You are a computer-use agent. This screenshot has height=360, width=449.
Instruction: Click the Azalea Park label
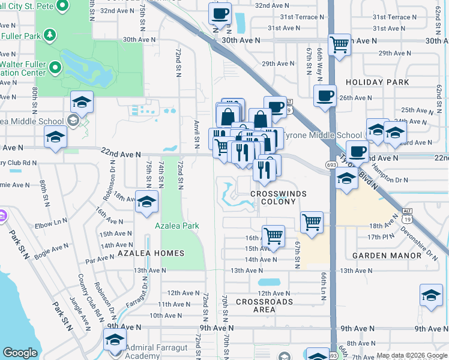(x=176, y=226)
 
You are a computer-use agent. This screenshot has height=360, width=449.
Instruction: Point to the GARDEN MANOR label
(x=387, y=256)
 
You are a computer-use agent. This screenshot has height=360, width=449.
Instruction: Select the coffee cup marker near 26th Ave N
(x=325, y=95)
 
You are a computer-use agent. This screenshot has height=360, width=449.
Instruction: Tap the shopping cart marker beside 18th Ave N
(x=312, y=222)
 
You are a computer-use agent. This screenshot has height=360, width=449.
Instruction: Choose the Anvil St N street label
(x=197, y=134)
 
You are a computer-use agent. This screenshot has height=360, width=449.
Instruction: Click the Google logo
(x=20, y=353)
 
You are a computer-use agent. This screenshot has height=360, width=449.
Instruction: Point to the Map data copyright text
(x=411, y=355)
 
